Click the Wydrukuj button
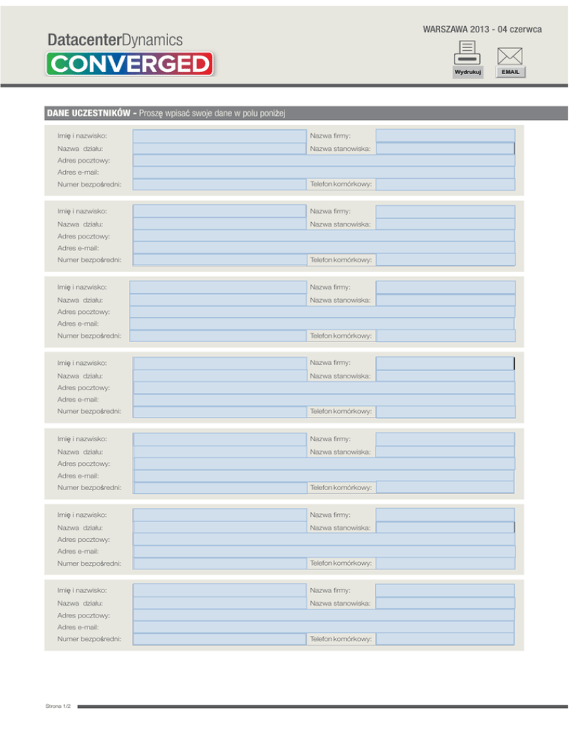pos(467,73)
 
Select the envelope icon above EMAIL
pos(510,56)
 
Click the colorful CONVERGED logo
pos(130,64)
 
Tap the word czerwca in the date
pos(526,29)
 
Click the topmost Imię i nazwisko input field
pos(219,136)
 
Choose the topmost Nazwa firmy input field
pos(445,136)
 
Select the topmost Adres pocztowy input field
pos(323,161)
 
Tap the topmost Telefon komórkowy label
pos(341,184)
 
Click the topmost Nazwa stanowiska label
pos(340,149)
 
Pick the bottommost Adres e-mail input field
pos(323,627)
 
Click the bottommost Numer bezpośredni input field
pos(219,638)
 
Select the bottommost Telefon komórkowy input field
pos(445,638)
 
